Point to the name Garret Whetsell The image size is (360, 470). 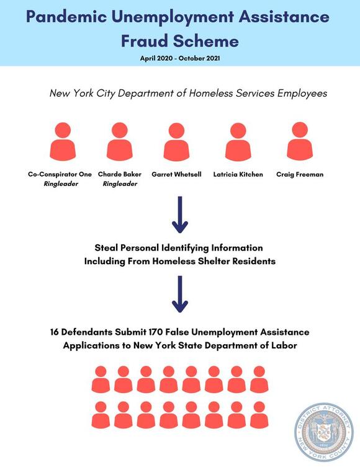(x=177, y=174)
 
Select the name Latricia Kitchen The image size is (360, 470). (x=238, y=174)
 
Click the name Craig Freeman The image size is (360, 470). (x=300, y=174)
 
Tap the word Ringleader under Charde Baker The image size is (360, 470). (x=119, y=184)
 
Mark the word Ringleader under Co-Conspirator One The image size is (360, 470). (x=60, y=184)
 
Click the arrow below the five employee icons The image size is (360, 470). (x=179, y=215)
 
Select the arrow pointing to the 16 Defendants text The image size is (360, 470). (x=179, y=294)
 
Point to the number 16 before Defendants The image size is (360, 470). (x=56, y=333)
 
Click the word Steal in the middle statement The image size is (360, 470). (x=108, y=248)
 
